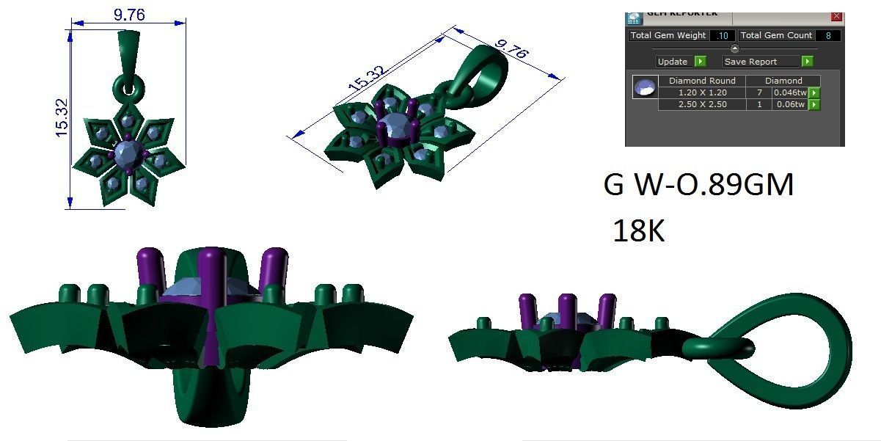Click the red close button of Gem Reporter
pos(836,16)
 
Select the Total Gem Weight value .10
pos(723,35)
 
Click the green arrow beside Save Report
pos(807,62)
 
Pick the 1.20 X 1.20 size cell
pos(702,92)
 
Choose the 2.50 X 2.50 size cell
pos(702,105)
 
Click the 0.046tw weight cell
pos(790,92)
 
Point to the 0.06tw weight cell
pos(790,105)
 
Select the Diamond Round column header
pos(702,81)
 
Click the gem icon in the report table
pos(645,88)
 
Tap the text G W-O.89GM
pos(698,186)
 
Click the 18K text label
pos(638,231)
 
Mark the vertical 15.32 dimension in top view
pos(62,117)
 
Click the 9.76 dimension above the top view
pos(128,14)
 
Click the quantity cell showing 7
pos(758,92)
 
